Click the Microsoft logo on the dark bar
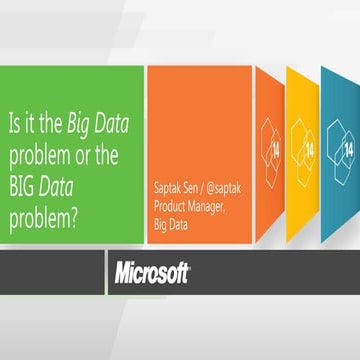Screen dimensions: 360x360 (x=151, y=271)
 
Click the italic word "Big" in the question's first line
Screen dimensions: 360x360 (x=81, y=126)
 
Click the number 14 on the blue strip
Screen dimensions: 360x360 (x=348, y=149)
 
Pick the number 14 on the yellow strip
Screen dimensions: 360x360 (x=309, y=147)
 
